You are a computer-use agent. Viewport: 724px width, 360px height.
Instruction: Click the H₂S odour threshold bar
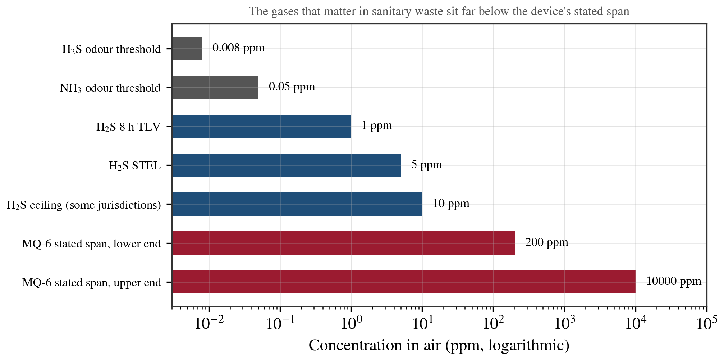pos(187,49)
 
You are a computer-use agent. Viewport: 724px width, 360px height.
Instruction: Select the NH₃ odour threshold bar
pos(215,87)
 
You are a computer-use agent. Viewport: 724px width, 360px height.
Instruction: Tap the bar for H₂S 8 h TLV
pos(262,126)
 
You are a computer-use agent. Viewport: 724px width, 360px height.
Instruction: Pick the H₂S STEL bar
pos(287,165)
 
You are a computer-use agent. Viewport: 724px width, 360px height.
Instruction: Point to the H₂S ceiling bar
pos(297,204)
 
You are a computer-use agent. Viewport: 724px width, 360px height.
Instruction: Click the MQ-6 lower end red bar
pos(343,243)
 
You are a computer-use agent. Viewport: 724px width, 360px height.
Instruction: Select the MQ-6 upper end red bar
pos(404,282)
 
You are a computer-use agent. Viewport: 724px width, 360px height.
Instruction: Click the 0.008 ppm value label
pos(239,48)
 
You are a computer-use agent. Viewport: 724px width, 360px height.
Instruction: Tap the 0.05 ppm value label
pos(292,87)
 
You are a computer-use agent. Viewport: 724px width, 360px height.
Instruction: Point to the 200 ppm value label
pos(547,242)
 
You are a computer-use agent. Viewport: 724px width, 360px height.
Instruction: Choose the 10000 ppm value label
pos(674,281)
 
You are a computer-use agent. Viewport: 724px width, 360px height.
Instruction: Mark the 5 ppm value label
pos(427,165)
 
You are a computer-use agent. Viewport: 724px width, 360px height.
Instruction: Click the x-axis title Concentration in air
pos(439,346)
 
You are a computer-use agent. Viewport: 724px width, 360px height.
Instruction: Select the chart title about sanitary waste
pos(439,12)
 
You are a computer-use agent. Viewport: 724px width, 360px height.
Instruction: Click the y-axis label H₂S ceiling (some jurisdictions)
pos(84,205)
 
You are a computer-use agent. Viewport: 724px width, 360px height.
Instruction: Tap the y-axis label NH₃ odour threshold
pos(110,88)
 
